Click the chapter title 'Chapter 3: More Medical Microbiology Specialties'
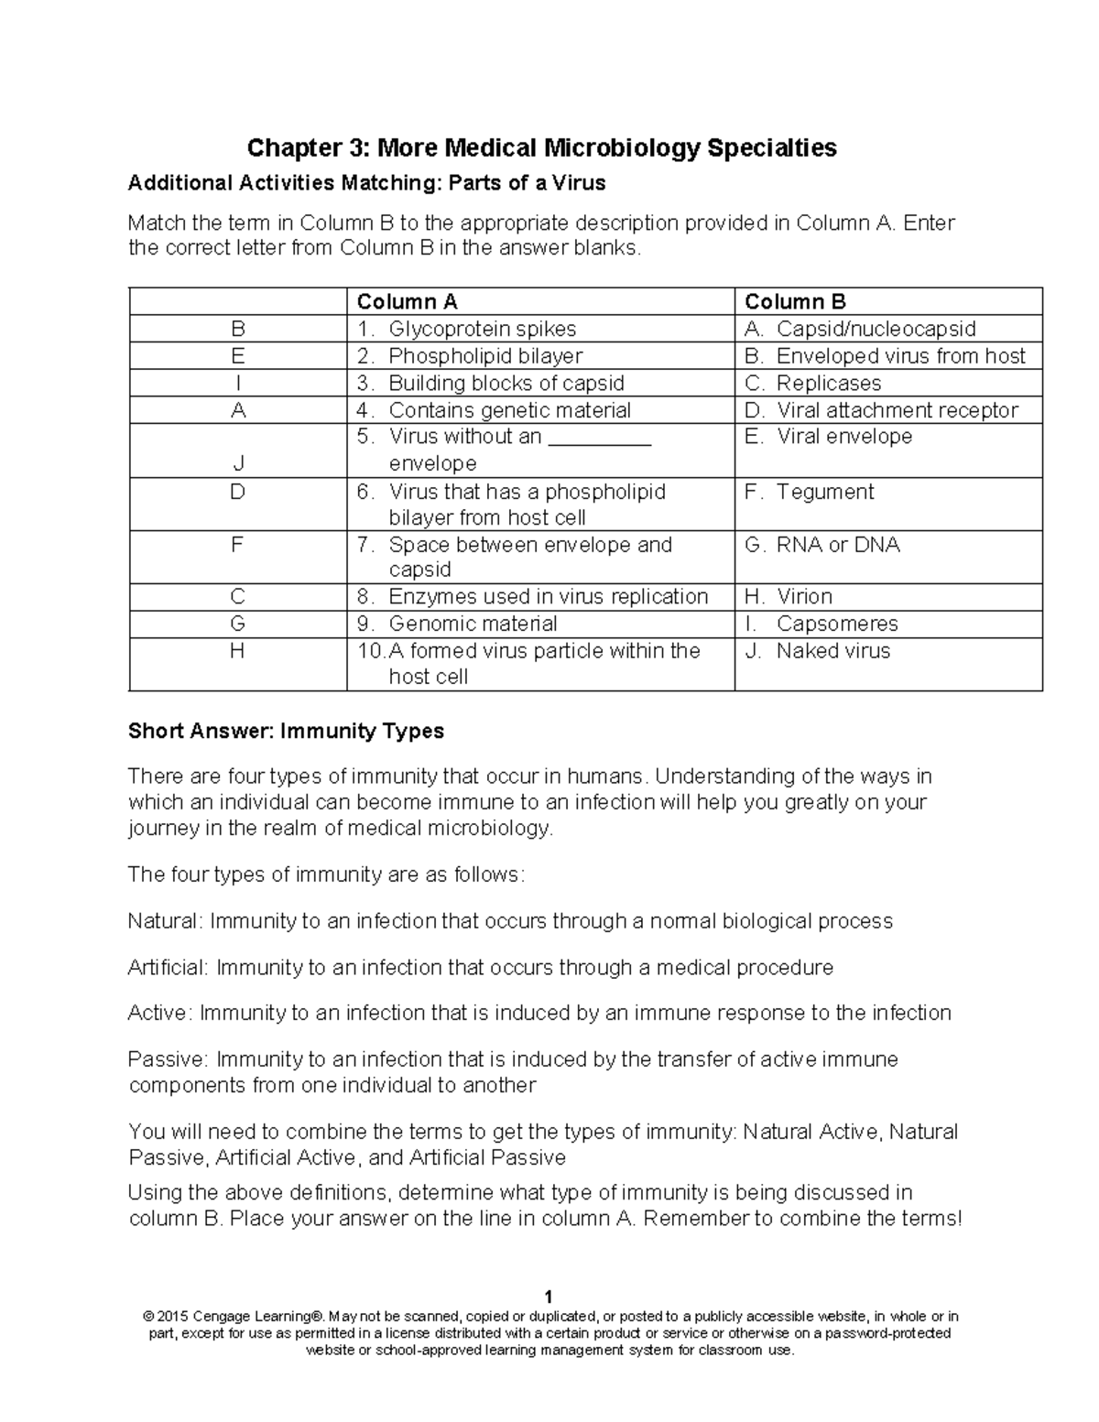(x=542, y=147)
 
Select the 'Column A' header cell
(x=407, y=302)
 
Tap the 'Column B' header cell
(x=795, y=302)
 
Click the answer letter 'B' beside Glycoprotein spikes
(x=238, y=329)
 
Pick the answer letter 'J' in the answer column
(x=238, y=463)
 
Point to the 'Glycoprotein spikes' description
(x=482, y=329)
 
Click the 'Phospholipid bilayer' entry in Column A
(x=485, y=356)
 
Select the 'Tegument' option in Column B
(x=824, y=492)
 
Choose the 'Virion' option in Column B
(x=804, y=597)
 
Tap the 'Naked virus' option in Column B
(x=832, y=651)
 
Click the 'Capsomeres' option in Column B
(x=836, y=624)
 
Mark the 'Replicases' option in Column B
(x=828, y=384)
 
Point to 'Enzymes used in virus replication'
(x=548, y=597)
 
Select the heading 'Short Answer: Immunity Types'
(x=286, y=731)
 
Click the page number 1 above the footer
(x=548, y=1297)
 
